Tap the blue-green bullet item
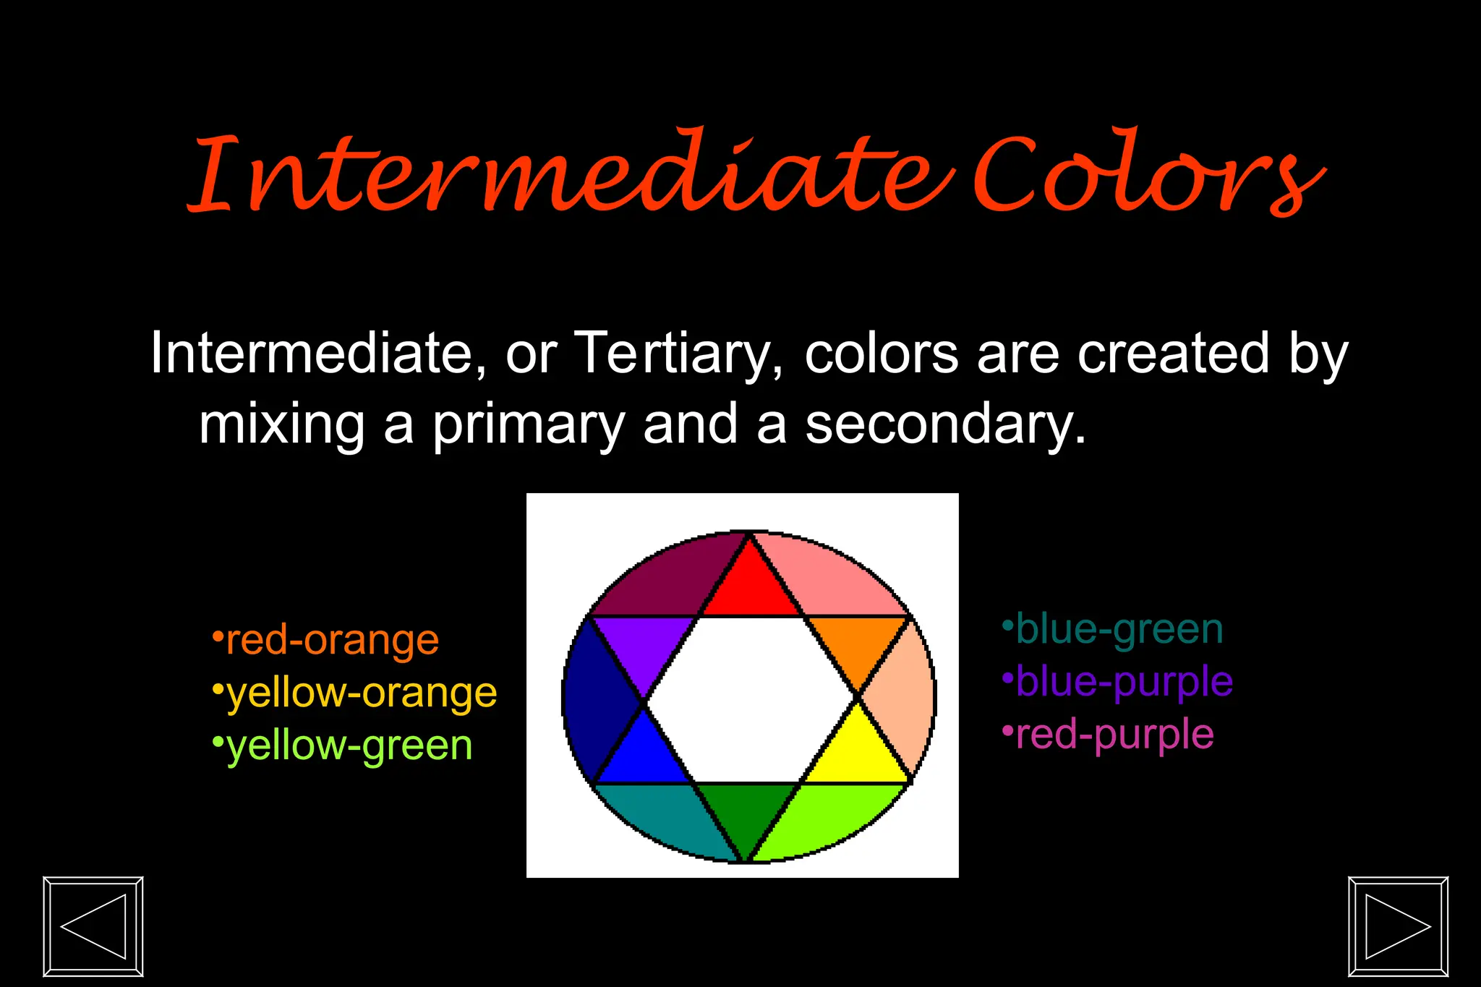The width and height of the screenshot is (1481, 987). (1114, 629)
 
